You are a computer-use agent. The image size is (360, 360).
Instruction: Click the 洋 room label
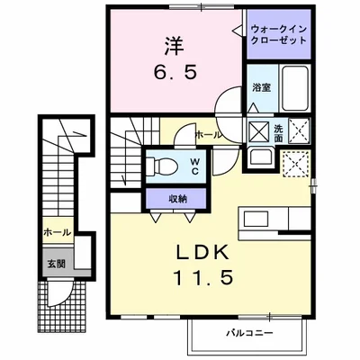point(175,46)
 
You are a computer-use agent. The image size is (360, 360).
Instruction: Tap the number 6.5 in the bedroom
point(175,72)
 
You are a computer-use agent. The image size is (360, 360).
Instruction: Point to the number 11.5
point(202,277)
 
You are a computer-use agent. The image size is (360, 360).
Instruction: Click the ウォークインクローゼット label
point(279,35)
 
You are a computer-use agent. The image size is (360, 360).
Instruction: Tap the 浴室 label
point(262,87)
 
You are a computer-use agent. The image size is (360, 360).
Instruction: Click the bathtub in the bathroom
point(295,89)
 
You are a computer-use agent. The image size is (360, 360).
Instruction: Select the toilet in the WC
point(162,166)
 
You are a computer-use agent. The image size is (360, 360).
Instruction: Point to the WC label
point(194,166)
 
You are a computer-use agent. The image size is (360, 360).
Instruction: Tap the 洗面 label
point(278,133)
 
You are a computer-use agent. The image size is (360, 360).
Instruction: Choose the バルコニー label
point(249,333)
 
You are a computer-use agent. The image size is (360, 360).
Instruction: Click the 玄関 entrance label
point(56,264)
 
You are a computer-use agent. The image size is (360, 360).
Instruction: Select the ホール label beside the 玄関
point(58,232)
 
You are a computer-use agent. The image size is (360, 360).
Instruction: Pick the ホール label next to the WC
point(209,135)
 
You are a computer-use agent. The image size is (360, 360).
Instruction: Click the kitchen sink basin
point(256,219)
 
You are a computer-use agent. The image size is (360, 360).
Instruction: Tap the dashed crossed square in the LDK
point(296,165)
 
